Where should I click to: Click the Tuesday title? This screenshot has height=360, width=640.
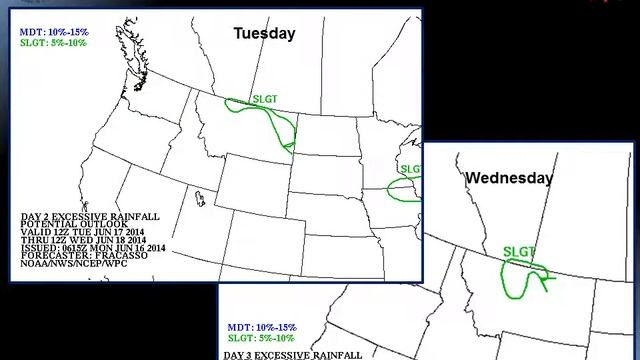pos(264,33)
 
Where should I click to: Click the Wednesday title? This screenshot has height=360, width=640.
pos(509,178)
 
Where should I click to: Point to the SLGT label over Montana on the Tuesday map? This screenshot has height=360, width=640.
pos(265,100)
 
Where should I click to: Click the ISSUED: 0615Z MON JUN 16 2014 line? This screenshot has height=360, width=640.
pos(91,249)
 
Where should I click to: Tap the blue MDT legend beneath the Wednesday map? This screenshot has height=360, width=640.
pos(259,328)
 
